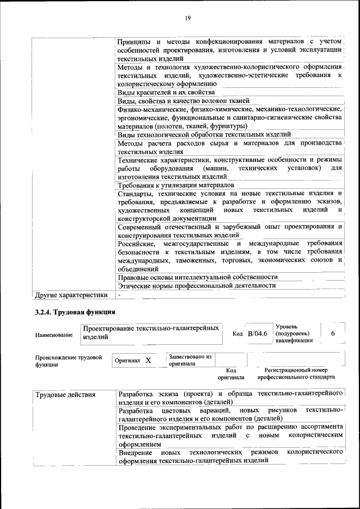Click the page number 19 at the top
(x=188, y=19)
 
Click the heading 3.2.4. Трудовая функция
(x=75, y=312)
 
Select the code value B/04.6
(x=257, y=334)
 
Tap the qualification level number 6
(x=333, y=334)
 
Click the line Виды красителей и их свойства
(x=166, y=92)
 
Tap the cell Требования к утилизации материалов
(x=175, y=185)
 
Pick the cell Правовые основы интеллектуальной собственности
(x=197, y=277)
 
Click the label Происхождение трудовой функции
(x=69, y=361)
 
